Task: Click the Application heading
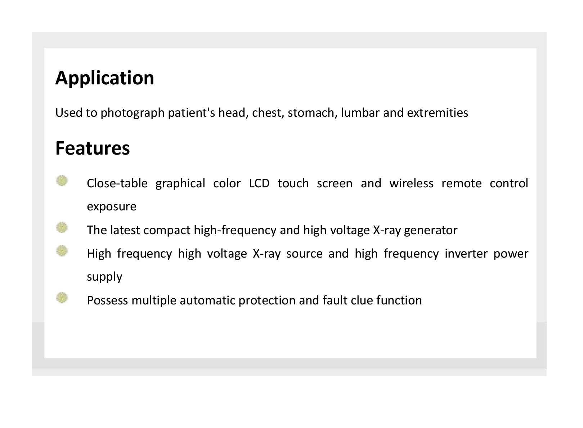coord(105,79)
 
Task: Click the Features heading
coord(93,148)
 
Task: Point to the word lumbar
coord(360,113)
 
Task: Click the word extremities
coord(438,113)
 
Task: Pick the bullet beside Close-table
coord(62,181)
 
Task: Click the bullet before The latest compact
coord(62,228)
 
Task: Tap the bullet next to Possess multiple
coord(62,298)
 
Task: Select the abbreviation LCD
coord(259,183)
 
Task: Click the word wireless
coord(412,183)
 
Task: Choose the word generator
coord(431,231)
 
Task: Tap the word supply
coord(105,277)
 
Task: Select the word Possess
coord(108,300)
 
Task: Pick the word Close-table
coord(117,183)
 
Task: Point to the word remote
coord(462,183)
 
